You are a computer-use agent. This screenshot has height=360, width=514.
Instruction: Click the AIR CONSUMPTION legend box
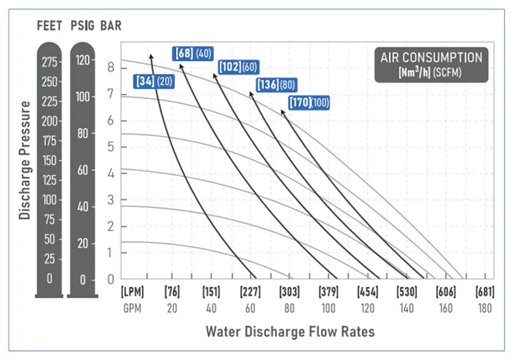point(431,65)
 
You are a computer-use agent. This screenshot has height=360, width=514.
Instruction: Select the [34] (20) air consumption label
point(154,82)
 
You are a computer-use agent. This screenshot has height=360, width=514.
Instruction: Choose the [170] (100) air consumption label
point(308,103)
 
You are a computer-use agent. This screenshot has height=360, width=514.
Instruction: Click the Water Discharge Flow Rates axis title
point(290,332)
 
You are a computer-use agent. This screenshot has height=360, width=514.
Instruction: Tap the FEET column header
point(50,27)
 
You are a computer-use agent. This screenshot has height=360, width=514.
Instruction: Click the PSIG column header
point(84,27)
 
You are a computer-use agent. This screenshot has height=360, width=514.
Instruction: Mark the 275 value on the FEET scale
point(50,62)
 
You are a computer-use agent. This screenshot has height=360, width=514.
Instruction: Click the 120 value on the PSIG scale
point(84,60)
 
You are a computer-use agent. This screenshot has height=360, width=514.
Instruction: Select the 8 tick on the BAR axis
point(110,67)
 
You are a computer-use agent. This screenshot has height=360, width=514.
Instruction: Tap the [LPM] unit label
point(132,292)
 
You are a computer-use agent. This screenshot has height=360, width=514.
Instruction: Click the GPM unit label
point(132,308)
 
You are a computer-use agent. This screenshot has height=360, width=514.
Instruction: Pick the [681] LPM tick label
point(485,292)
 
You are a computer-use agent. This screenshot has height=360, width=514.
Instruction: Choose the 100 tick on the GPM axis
point(329,308)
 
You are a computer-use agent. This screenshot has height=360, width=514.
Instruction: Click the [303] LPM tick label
point(289,292)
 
